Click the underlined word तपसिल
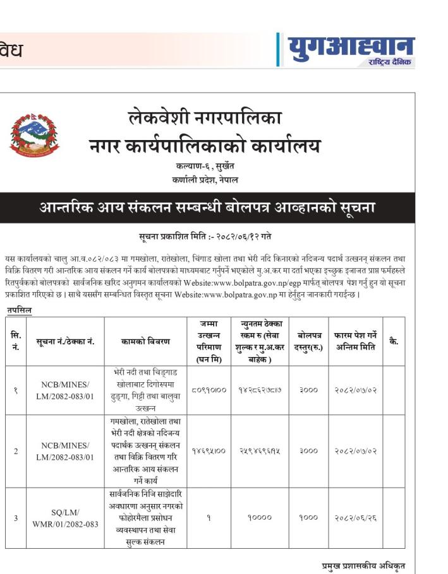pos(20,310)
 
